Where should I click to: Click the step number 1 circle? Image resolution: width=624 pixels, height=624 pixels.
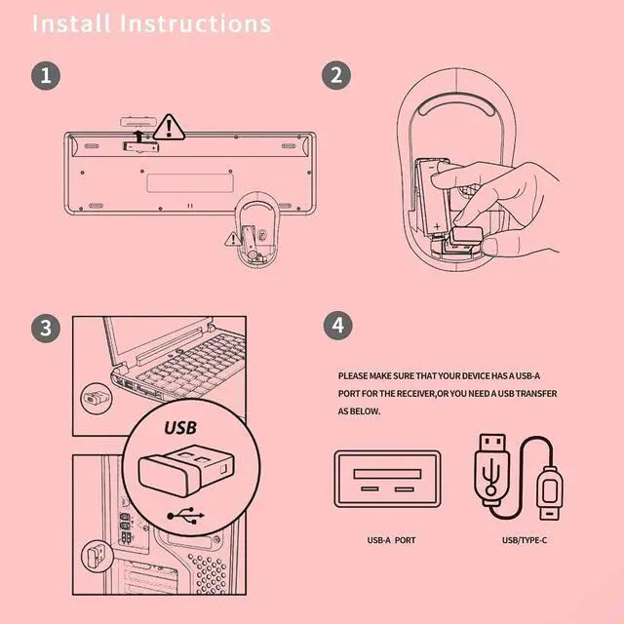[44, 75]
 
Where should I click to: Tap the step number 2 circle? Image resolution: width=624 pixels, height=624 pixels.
[336, 75]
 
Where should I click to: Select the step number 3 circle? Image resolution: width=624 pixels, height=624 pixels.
[44, 328]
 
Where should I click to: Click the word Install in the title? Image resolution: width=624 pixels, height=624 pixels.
[71, 23]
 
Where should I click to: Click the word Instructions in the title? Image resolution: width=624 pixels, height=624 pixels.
[195, 23]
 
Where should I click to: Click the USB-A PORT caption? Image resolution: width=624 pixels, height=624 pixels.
[391, 539]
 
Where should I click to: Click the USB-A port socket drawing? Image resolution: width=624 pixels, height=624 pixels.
[388, 480]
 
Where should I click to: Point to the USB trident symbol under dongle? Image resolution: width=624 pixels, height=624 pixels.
[184, 514]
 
